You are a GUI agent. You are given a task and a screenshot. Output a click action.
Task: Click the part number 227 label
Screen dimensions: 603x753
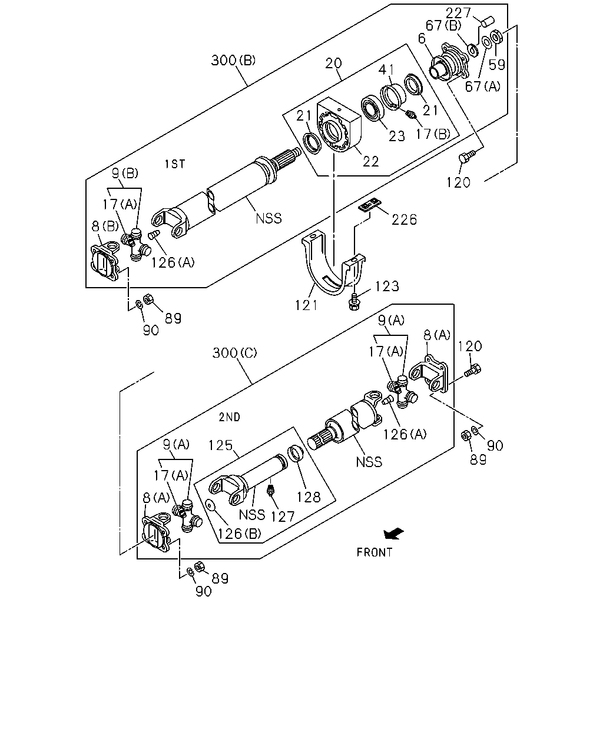pyautogui.click(x=458, y=13)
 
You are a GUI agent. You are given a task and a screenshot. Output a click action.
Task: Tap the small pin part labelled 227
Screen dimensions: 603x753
pyautogui.click(x=487, y=21)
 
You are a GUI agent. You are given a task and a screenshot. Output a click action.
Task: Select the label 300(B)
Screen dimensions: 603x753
pyautogui.click(x=233, y=60)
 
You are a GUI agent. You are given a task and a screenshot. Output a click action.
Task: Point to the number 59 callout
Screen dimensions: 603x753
pyautogui.click(x=497, y=64)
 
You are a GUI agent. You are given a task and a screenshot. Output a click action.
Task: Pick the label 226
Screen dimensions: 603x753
pyautogui.click(x=404, y=219)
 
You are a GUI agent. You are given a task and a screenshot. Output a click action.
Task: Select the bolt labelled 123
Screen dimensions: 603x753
pyautogui.click(x=353, y=302)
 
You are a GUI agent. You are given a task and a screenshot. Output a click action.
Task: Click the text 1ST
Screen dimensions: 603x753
pyautogui.click(x=175, y=164)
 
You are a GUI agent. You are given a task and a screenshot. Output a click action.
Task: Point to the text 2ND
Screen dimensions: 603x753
pyautogui.click(x=230, y=417)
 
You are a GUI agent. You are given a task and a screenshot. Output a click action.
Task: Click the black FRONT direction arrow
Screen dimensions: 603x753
pyautogui.click(x=393, y=534)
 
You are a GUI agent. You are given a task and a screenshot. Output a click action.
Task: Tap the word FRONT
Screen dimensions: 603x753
pyautogui.click(x=374, y=552)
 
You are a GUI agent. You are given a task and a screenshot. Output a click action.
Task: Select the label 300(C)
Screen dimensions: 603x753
pyautogui.click(x=235, y=353)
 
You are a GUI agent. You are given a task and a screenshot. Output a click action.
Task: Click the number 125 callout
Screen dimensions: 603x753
pyautogui.click(x=220, y=445)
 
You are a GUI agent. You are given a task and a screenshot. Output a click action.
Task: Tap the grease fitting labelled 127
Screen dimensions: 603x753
pyautogui.click(x=270, y=490)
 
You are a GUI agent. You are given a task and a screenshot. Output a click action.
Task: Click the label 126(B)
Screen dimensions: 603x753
pyautogui.click(x=240, y=534)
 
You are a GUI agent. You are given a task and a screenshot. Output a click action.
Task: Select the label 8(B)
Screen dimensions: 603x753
pyautogui.click(x=105, y=226)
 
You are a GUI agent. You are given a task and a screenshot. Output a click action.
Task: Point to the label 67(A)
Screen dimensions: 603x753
pyautogui.click(x=483, y=86)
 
